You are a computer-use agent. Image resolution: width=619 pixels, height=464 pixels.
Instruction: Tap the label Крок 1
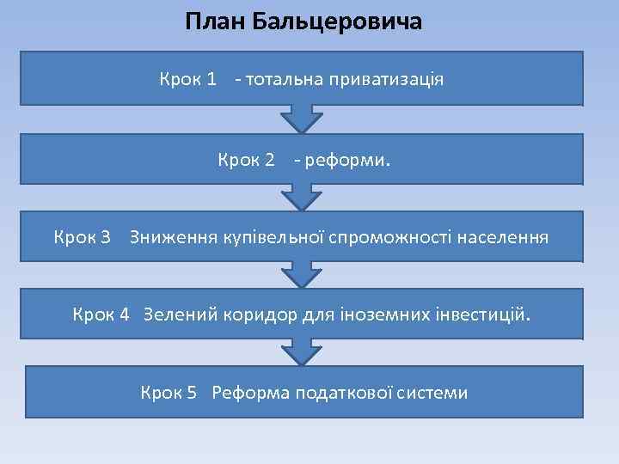pyautogui.click(x=187, y=80)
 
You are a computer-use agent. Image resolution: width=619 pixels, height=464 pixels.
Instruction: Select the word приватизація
pyautogui.click(x=390, y=80)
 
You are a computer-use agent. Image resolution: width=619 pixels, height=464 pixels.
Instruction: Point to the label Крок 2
pyautogui.click(x=246, y=159)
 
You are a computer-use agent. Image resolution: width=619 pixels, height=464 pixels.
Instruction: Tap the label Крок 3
pyautogui.click(x=83, y=236)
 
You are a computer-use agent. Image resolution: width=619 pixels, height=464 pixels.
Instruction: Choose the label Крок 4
pyautogui.click(x=101, y=314)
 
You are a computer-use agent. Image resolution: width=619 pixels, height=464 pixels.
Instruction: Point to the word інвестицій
pyautogui.click(x=481, y=314)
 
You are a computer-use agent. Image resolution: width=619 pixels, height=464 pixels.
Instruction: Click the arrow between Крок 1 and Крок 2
pyautogui.click(x=301, y=119)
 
